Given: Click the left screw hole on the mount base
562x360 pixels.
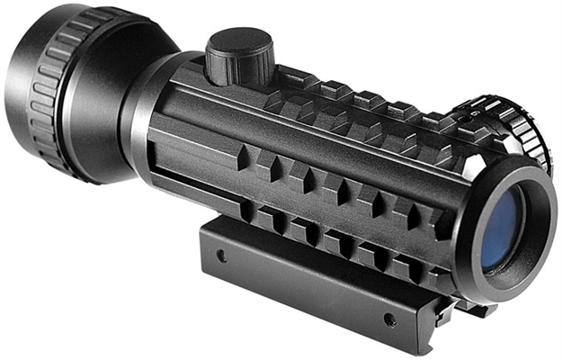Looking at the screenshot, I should pos(221,256).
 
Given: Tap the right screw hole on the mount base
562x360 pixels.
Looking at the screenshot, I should pos(388,319).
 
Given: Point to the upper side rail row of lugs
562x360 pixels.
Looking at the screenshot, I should pos(342,180).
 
